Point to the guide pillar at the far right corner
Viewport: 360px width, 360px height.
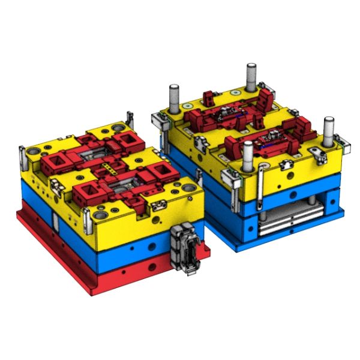(x=328, y=129)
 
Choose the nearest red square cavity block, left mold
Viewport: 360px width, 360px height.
(x=86, y=193)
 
